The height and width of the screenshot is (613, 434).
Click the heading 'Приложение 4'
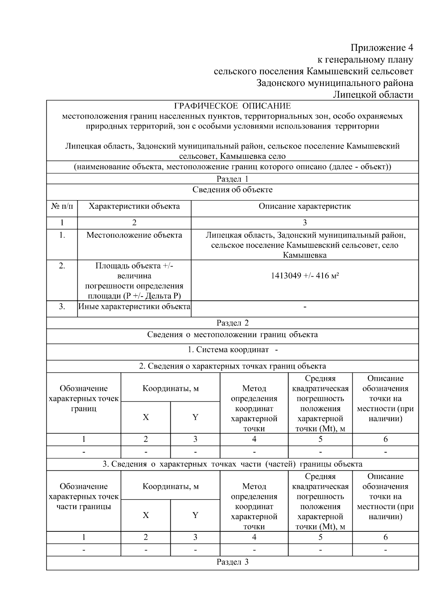point(382,48)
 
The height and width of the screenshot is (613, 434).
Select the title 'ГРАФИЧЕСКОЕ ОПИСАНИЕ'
point(232,106)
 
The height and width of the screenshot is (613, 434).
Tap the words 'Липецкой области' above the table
point(373,95)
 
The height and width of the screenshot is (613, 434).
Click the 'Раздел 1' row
point(232,179)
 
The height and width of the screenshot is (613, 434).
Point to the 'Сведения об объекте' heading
point(232,190)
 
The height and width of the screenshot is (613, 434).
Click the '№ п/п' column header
point(62,207)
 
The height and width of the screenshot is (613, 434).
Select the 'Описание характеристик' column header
point(305,207)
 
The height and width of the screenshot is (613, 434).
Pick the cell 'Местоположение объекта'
point(134,236)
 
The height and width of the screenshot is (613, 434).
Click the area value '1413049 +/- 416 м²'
point(305,276)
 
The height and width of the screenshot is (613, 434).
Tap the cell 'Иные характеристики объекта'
point(134,307)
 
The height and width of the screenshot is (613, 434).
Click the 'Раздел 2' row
point(232,323)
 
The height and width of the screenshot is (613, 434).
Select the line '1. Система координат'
point(229,350)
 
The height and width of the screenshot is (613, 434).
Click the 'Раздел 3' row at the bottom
point(232,562)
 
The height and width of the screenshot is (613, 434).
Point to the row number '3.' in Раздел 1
point(62,307)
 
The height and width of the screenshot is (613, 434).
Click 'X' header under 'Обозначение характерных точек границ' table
point(145,418)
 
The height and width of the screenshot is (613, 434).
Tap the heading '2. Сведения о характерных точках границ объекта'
point(232,366)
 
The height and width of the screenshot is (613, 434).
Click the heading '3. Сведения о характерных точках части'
point(232,464)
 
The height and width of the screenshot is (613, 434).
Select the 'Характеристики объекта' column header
point(134,207)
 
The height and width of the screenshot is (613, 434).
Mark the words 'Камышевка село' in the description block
point(253,157)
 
